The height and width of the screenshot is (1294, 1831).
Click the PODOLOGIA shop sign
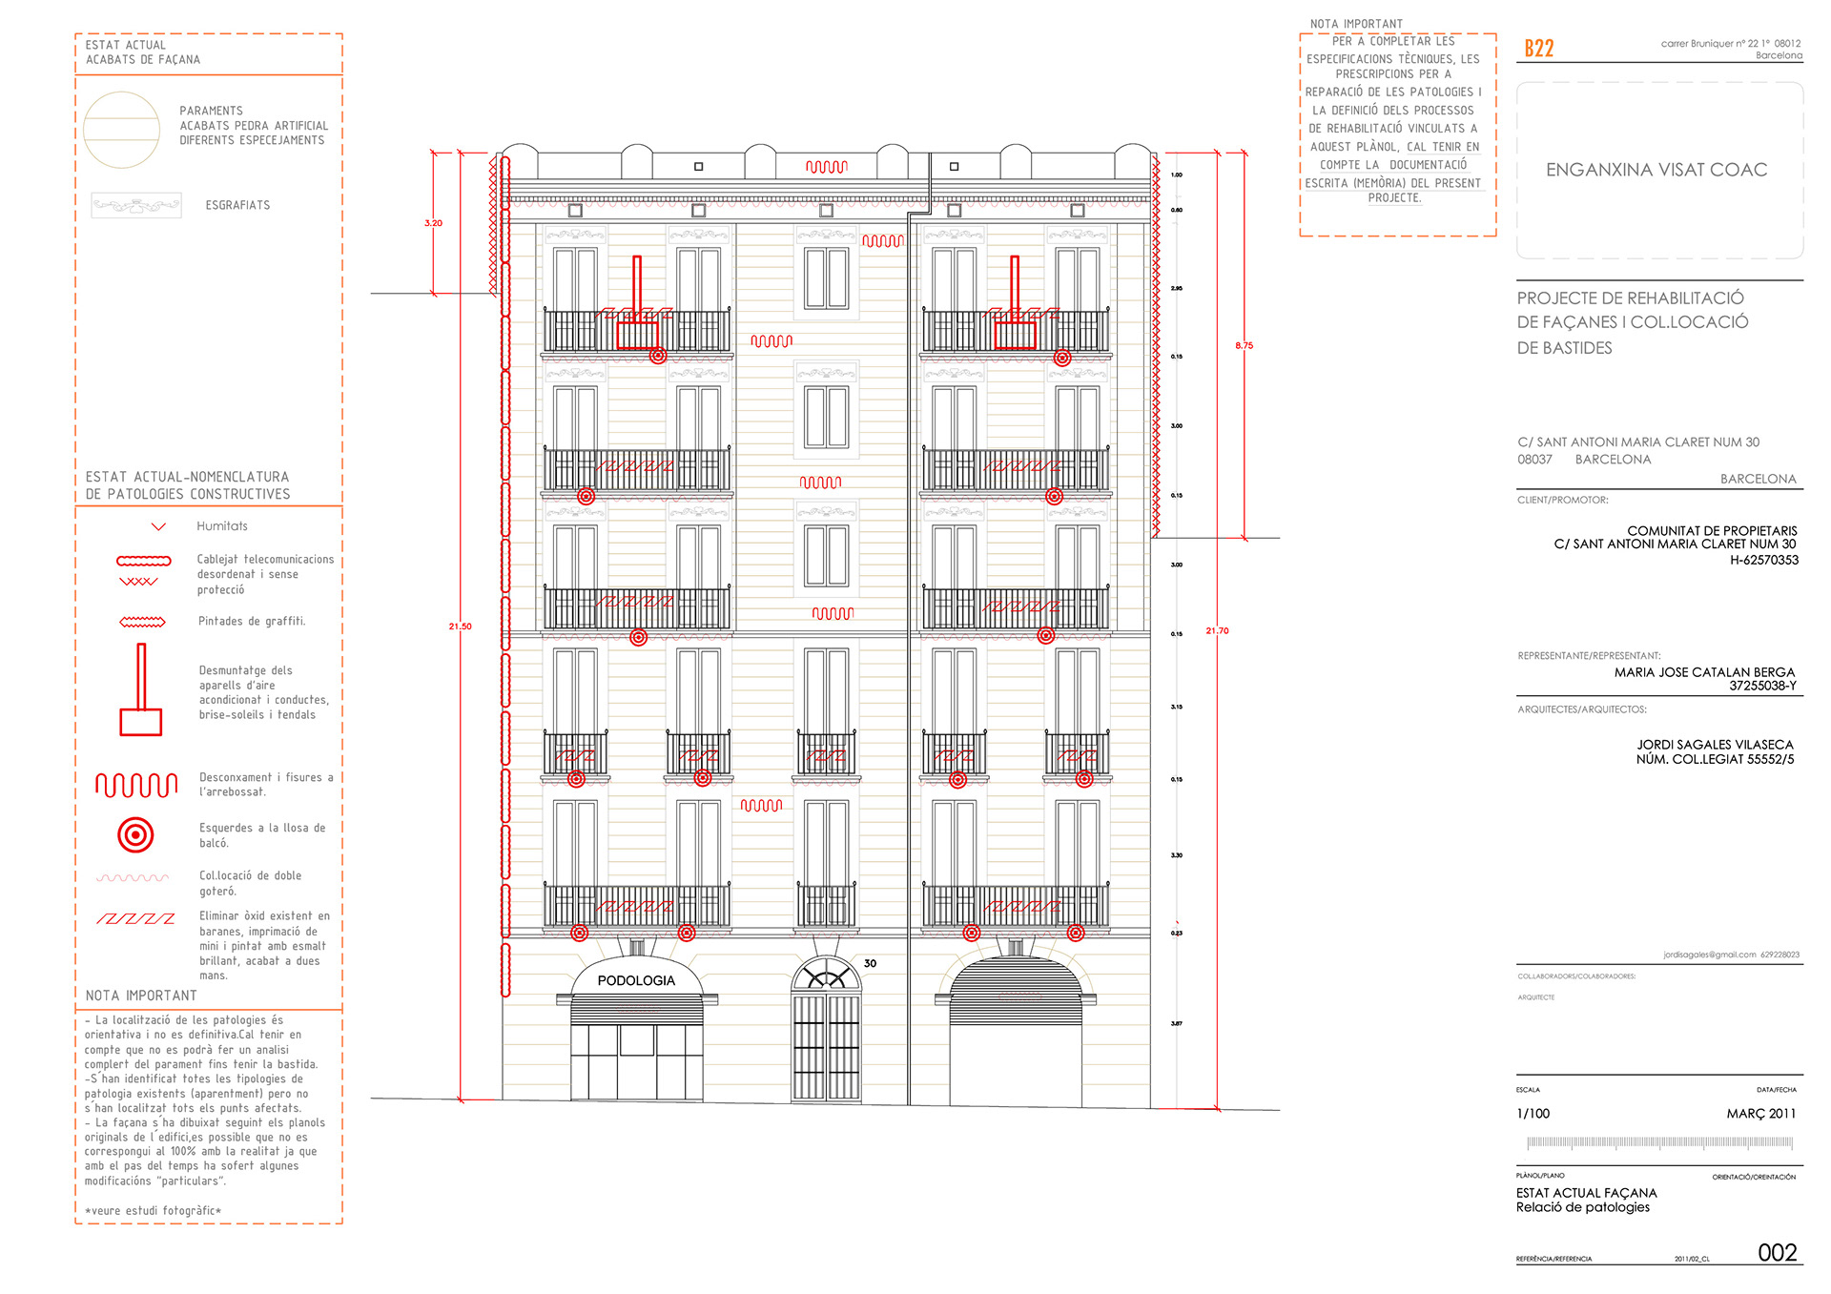click(636, 980)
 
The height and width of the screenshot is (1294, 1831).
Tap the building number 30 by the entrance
click(870, 963)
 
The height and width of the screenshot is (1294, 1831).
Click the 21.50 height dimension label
click(460, 626)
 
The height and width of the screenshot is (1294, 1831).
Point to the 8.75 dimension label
click(1244, 345)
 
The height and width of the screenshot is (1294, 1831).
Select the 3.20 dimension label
click(433, 223)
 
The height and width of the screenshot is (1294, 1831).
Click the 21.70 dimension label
click(1217, 630)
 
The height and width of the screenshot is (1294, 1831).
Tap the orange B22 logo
click(1538, 49)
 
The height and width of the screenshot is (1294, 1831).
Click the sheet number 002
click(1777, 1252)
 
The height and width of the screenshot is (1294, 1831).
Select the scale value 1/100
click(1533, 1114)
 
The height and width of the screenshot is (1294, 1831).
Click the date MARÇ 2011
click(1760, 1114)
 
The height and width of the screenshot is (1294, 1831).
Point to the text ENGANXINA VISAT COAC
click(1656, 170)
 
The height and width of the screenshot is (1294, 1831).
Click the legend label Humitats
click(222, 526)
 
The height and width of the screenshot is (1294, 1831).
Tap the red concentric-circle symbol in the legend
click(135, 835)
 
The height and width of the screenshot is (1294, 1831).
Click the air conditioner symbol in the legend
click(140, 690)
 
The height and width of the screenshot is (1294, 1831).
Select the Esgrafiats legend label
click(237, 205)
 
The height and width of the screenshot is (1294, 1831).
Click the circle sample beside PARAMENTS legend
click(121, 130)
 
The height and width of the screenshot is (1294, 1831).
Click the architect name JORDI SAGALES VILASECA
click(1715, 745)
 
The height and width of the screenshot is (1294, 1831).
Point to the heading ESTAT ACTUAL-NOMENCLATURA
click(187, 477)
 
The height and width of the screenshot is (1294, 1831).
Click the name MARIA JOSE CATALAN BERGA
click(1704, 672)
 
